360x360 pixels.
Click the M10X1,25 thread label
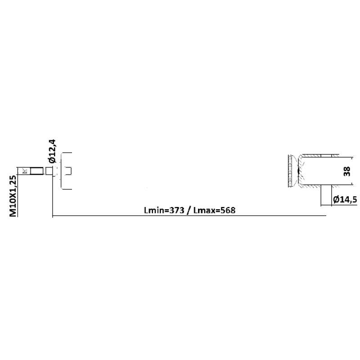click(13, 196)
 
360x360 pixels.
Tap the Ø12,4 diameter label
click(52, 151)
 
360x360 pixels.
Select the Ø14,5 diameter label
click(345, 199)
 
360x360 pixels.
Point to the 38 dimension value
click(347, 171)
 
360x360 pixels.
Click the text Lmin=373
click(164, 210)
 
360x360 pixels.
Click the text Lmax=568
click(214, 210)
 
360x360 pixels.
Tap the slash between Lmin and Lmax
click(189, 211)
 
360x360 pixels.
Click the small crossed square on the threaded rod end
click(25, 171)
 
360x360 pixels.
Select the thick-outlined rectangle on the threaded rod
click(37, 171)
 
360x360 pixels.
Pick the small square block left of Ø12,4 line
click(49, 171)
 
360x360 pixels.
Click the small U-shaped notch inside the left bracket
click(68, 171)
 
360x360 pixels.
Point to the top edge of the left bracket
click(67, 153)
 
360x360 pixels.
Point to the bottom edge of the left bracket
click(67, 189)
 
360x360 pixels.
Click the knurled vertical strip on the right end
click(290, 171)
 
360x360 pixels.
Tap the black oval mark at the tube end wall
click(298, 171)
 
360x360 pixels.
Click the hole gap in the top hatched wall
click(326, 156)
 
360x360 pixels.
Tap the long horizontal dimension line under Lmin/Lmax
click(189, 216)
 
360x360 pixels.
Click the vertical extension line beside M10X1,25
click(18, 192)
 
